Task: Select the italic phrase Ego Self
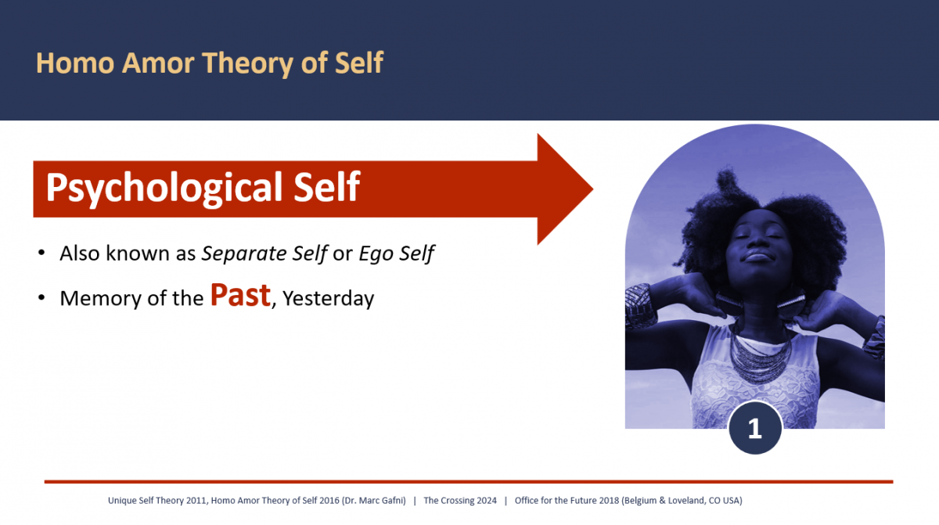pyautogui.click(x=396, y=254)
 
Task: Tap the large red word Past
pyautogui.click(x=240, y=295)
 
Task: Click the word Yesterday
pyautogui.click(x=329, y=299)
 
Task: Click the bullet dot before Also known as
pyautogui.click(x=41, y=254)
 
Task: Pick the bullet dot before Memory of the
pyautogui.click(x=41, y=299)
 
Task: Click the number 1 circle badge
pyautogui.click(x=754, y=428)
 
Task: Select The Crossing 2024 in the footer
pyautogui.click(x=459, y=501)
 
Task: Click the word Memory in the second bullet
pyautogui.click(x=95, y=299)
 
